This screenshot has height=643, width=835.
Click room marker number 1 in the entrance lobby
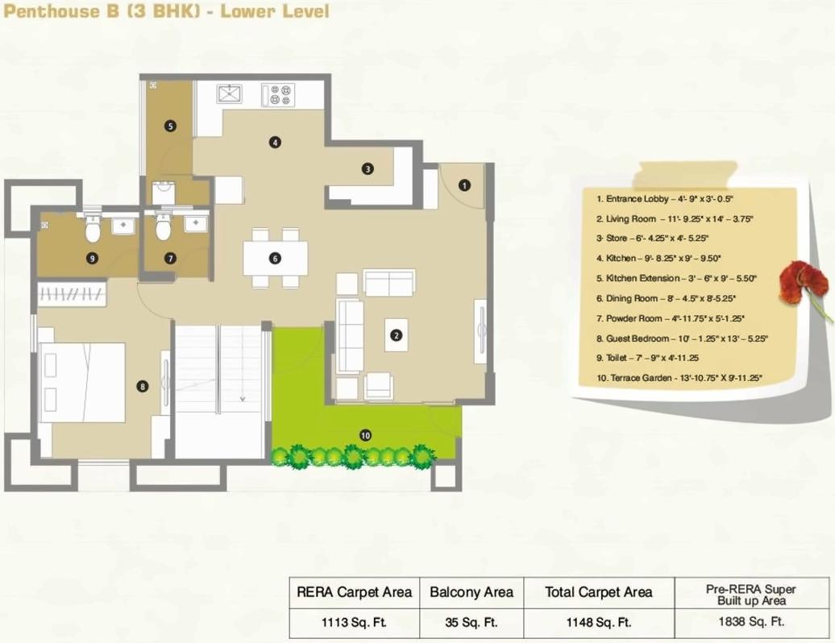(463, 185)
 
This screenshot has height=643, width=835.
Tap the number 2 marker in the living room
(395, 335)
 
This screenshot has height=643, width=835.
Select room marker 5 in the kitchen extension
(170, 126)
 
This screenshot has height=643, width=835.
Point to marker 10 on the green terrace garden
(365, 435)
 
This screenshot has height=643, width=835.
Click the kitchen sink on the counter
(229, 94)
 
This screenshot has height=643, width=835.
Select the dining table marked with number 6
(275, 259)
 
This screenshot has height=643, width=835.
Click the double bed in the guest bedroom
(82, 382)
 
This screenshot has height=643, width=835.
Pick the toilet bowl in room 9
(93, 231)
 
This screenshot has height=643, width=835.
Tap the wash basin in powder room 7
(196, 223)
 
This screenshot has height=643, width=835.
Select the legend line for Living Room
(674, 218)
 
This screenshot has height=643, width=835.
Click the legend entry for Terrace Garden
(679, 377)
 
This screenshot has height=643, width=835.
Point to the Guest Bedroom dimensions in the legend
(682, 338)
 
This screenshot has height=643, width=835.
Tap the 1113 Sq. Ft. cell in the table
(354, 621)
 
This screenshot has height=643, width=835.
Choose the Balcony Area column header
(471, 592)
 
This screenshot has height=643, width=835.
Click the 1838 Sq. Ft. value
(750, 621)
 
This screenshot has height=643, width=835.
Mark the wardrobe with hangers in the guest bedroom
(72, 294)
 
